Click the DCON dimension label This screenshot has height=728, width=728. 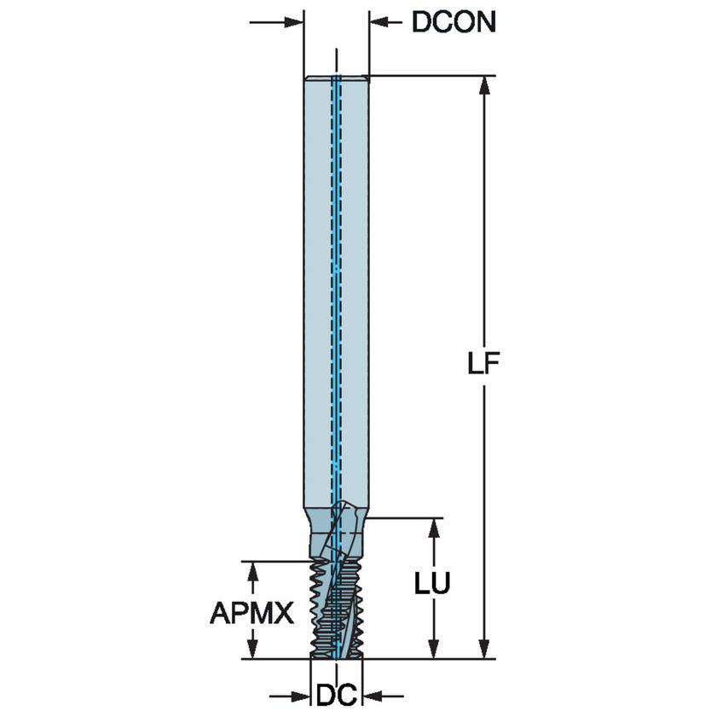click(453, 22)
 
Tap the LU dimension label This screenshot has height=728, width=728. click(432, 584)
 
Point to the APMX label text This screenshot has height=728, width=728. click(251, 612)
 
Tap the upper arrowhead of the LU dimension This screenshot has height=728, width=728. click(434, 527)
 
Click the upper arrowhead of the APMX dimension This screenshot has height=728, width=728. click(251, 569)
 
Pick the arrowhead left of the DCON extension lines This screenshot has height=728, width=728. click(295, 21)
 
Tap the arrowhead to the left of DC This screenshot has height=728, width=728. click(302, 697)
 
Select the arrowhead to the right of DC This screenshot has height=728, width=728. click(372, 697)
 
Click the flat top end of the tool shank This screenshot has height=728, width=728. click(336, 78)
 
